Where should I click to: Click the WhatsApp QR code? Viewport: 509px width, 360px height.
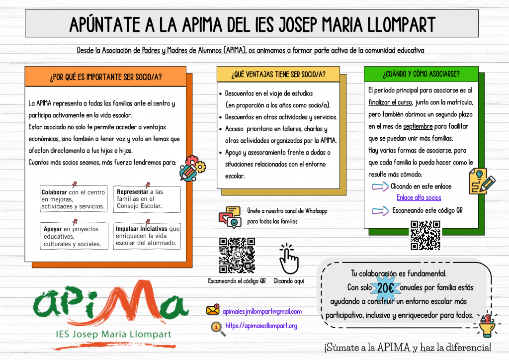pos(237,255)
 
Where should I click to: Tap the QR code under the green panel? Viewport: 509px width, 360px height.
pos(425,235)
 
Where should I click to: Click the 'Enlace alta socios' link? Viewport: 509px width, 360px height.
pos(419,198)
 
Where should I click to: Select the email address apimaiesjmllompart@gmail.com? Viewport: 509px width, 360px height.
pos(262,311)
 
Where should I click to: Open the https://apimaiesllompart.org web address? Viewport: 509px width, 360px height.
pos(261,326)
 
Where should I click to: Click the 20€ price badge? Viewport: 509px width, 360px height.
pos(386,288)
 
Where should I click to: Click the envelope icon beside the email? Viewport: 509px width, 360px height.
pos(213,310)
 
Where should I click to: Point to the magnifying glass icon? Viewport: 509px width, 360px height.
pos(217,327)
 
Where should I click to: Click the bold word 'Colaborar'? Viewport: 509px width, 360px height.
pos(54,192)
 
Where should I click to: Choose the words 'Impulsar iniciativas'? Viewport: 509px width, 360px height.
pos(142,229)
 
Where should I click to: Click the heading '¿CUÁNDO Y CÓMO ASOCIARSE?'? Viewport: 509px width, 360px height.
pos(421,74)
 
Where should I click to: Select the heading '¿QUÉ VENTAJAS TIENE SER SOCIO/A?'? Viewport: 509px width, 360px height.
pos(278,75)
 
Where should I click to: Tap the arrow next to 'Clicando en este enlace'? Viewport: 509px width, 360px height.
pos(380,186)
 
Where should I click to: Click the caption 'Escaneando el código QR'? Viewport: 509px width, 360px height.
pos(237,281)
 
